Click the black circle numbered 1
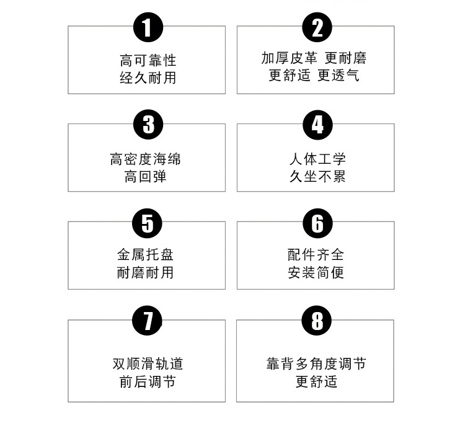tap(148, 27)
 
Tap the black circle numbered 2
tap(317, 27)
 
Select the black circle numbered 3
tap(148, 125)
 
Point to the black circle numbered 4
tap(317, 125)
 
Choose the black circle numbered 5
tap(148, 223)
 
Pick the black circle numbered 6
tap(317, 223)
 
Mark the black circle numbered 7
tap(148, 321)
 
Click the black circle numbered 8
tap(317, 321)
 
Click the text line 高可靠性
tap(148, 60)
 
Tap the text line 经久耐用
tap(148, 78)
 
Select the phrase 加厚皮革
tap(290, 58)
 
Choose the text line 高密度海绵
tap(146, 159)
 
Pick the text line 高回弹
tap(146, 177)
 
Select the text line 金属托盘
tap(146, 254)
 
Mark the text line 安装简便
tap(316, 272)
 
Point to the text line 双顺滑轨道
tap(148, 364)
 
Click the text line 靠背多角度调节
tap(316, 364)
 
